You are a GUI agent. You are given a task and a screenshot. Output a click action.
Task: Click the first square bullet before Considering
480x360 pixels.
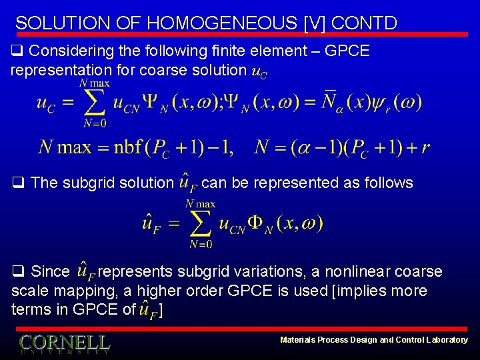[17, 51]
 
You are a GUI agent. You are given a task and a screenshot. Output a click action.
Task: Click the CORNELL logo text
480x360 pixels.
[65, 343]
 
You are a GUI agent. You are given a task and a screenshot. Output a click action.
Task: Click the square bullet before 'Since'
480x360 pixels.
[17, 272]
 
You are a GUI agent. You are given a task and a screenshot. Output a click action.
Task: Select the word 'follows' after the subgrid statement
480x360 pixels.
[389, 183]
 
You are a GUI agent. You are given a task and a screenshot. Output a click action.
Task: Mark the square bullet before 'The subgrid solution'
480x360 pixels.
[17, 183]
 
